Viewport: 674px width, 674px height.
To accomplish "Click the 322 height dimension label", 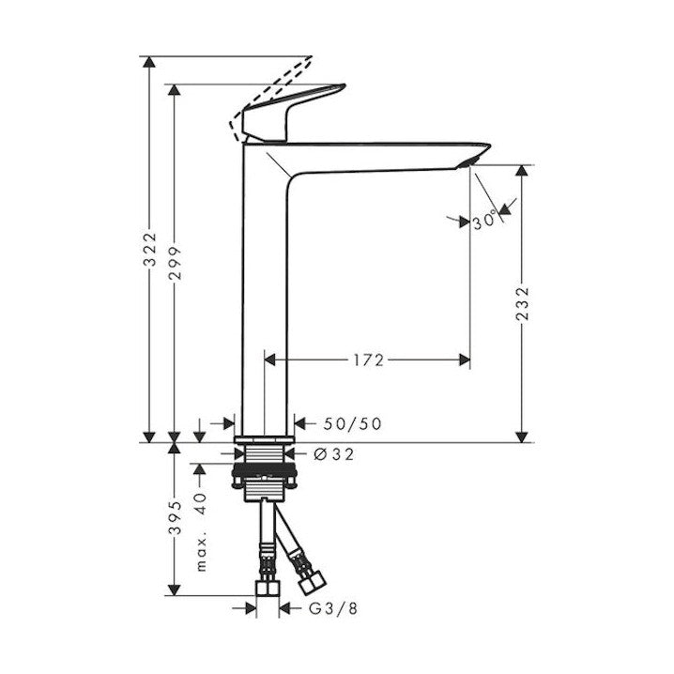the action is pyautogui.click(x=150, y=250).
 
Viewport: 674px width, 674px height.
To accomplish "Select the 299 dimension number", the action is pyautogui.click(x=176, y=264).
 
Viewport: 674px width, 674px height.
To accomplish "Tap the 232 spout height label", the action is pyautogui.click(x=522, y=304).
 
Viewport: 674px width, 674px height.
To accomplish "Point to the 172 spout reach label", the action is pyautogui.click(x=368, y=360).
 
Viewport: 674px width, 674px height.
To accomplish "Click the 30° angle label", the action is pyautogui.click(x=485, y=222).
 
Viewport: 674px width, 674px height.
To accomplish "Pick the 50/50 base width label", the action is pyautogui.click(x=352, y=424).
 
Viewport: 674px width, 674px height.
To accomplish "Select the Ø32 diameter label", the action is pyautogui.click(x=334, y=454).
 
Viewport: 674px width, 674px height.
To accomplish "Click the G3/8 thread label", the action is pyautogui.click(x=333, y=608).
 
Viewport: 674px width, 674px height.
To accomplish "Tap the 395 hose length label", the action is pyautogui.click(x=176, y=517).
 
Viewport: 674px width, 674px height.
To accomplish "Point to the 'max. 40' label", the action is pyautogui.click(x=201, y=532).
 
